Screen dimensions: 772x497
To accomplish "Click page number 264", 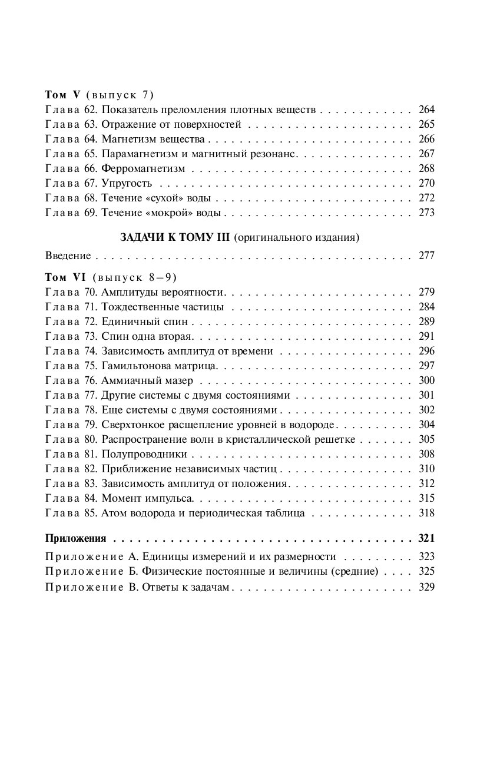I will pyautogui.click(x=426, y=110).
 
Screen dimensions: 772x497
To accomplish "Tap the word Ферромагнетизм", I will pyautogui.click(x=143, y=168).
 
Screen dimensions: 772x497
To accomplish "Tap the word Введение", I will pyautogui.click(x=68, y=256).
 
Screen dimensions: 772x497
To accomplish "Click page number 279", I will pyautogui.click(x=426, y=292).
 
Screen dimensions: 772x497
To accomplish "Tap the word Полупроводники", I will pyautogui.click(x=144, y=454).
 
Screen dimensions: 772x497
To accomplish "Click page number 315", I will pyautogui.click(x=426, y=498).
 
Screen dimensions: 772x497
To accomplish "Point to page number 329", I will pyautogui.click(x=426, y=587).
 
